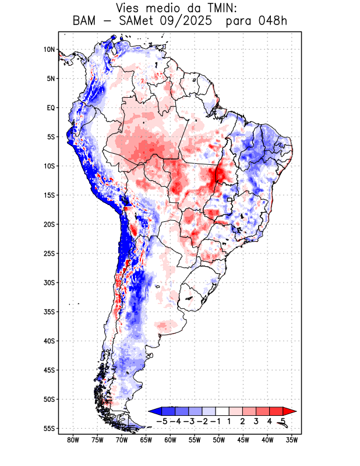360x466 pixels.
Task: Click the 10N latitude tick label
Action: tap(49, 50)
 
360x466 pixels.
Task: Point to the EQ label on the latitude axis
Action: tap(51, 108)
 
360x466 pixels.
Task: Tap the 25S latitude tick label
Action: tap(49, 253)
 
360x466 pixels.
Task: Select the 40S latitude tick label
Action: tap(49, 341)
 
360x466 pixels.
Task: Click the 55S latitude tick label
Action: tap(49, 428)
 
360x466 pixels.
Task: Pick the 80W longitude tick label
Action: tap(73, 440)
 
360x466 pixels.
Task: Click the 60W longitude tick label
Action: tap(170, 440)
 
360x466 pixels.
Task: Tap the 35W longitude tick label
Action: tap(292, 440)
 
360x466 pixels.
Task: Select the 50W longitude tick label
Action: tap(219, 440)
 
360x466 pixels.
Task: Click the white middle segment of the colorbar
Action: tap(222, 411)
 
